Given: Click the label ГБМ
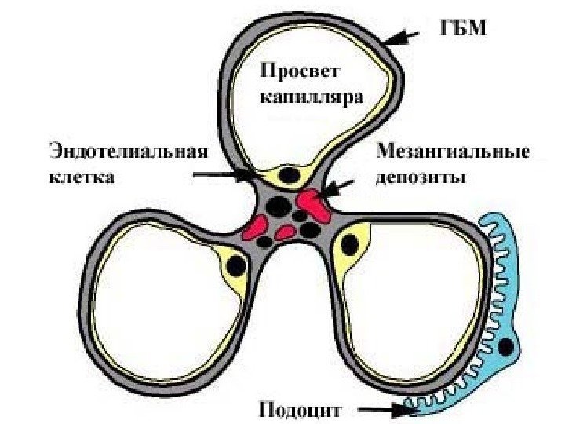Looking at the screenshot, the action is pyautogui.click(x=461, y=30).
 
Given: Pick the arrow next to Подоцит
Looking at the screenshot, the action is pyautogui.click(x=381, y=409).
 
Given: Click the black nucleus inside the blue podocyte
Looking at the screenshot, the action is pyautogui.click(x=507, y=345).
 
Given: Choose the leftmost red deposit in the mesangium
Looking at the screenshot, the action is pyautogui.click(x=253, y=228).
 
